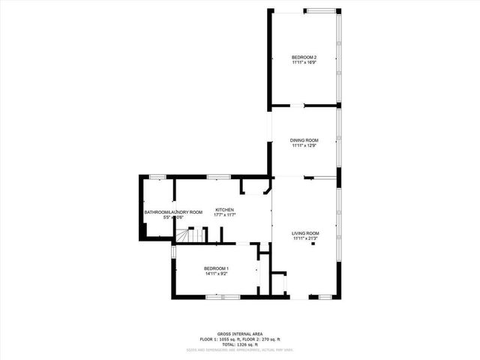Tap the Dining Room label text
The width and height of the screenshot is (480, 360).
pyautogui.click(x=305, y=140)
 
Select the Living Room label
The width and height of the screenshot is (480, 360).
pyautogui.click(x=305, y=234)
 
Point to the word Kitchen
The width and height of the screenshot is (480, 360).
pyautogui.click(x=225, y=209)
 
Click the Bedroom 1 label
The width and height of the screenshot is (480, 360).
pyautogui.click(x=216, y=268)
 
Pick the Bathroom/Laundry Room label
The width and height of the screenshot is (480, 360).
pyautogui.click(x=173, y=212)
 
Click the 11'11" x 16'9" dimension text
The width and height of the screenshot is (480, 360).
pyautogui.click(x=305, y=63)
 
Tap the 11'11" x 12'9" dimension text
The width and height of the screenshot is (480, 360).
pyautogui.click(x=305, y=145)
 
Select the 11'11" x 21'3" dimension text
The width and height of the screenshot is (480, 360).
pyautogui.click(x=305, y=239)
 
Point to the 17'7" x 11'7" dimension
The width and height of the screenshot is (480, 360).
pyautogui.click(x=225, y=215)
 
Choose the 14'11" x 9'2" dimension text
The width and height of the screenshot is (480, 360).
pyautogui.click(x=216, y=274)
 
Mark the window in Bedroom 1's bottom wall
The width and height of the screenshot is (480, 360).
pyautogui.click(x=223, y=297)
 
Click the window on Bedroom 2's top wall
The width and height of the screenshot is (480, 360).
pyautogui.click(x=319, y=10)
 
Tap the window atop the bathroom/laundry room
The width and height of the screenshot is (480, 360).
pyautogui.click(x=157, y=176)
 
